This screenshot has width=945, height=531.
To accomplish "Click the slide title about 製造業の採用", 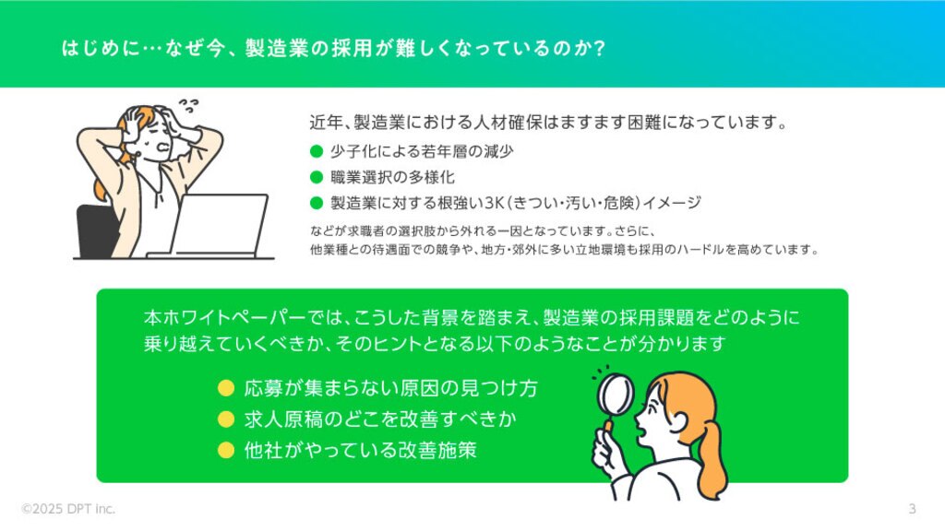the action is click(x=333, y=48).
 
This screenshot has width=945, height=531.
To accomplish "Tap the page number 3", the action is click(x=912, y=509).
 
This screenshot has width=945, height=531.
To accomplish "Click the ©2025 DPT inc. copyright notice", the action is click(x=68, y=509).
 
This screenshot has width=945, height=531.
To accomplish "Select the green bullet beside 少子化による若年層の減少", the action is click(x=317, y=151).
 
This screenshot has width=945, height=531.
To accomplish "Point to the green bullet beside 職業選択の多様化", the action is click(x=317, y=177).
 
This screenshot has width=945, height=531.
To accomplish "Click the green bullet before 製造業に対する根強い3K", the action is click(x=317, y=203).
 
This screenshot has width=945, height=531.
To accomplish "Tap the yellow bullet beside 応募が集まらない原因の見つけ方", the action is click(x=226, y=388).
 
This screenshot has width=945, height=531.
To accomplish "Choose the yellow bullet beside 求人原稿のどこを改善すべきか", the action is click(x=226, y=419).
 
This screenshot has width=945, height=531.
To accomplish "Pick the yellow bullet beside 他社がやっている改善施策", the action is click(x=226, y=450).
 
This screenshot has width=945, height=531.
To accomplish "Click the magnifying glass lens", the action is click(x=616, y=394).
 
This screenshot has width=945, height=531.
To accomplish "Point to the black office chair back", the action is click(x=96, y=231).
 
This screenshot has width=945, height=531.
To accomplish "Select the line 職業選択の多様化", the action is click(x=392, y=177).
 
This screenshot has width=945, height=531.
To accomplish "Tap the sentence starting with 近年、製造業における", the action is click(x=549, y=123).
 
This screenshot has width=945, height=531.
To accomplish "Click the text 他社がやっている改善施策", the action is click(x=361, y=450).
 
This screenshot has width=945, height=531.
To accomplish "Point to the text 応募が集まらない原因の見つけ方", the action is click(x=390, y=388).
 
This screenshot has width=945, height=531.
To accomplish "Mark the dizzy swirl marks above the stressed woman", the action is click(x=188, y=106).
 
